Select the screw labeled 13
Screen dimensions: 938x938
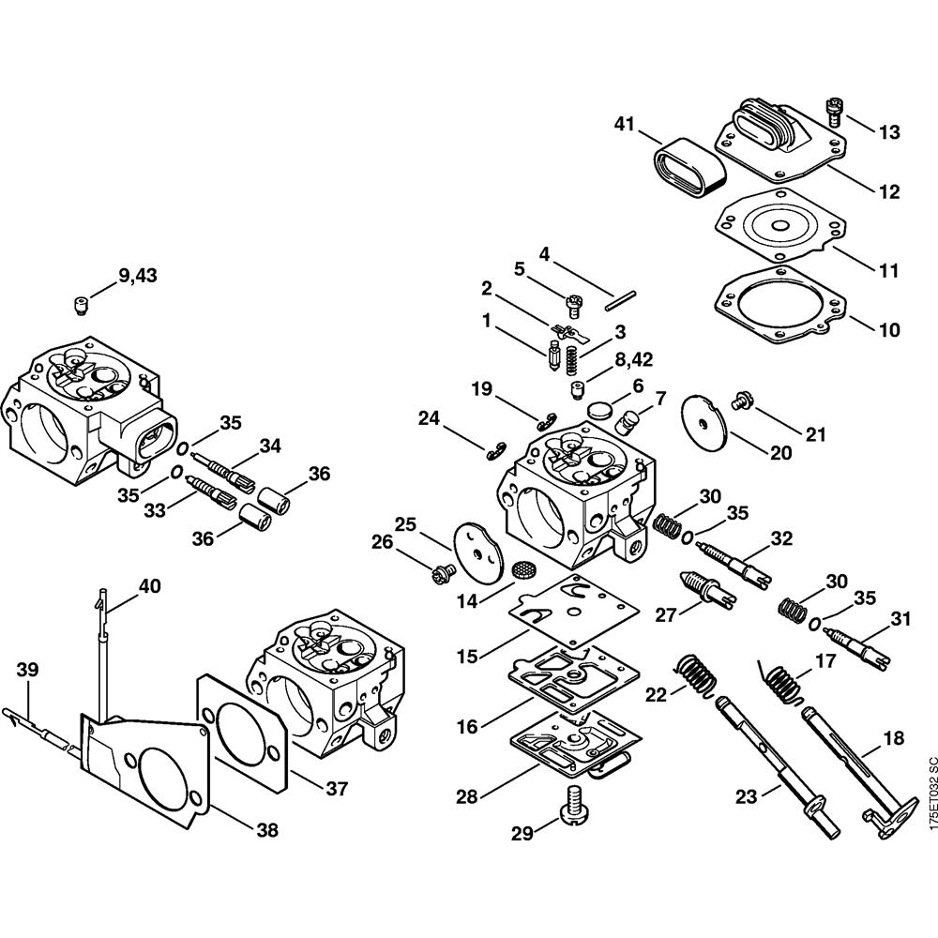pyautogui.click(x=834, y=110)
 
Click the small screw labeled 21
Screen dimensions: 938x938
pyautogui.click(x=739, y=400)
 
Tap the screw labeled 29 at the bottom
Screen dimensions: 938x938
pyautogui.click(x=572, y=804)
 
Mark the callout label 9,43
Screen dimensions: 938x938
pyautogui.click(x=139, y=276)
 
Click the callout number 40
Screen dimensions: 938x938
pyautogui.click(x=149, y=587)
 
